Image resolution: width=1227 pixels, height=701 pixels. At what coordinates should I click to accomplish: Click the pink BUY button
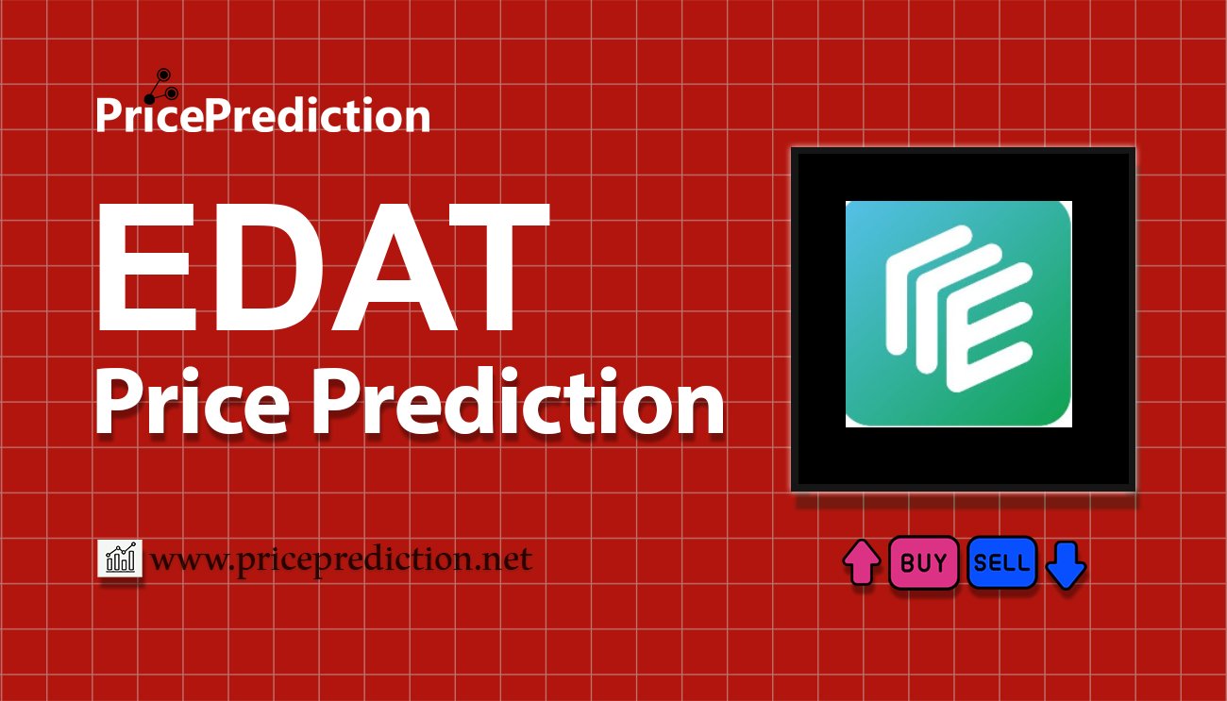click(x=923, y=562)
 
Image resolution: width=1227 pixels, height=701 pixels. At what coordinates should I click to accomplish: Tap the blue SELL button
click(x=1001, y=562)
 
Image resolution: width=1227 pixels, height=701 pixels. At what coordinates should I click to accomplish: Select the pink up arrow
click(x=862, y=562)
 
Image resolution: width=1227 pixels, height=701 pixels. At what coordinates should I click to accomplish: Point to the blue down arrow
click(x=1066, y=565)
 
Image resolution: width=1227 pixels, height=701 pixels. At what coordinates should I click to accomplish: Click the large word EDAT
click(x=323, y=267)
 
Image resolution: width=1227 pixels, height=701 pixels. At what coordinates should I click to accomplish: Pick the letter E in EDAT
click(x=144, y=267)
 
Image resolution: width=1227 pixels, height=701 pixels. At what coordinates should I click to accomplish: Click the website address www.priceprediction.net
click(x=341, y=560)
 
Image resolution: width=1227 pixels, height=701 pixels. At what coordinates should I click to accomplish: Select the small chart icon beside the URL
click(x=120, y=558)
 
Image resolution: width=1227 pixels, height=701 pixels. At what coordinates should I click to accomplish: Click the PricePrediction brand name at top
click(x=263, y=114)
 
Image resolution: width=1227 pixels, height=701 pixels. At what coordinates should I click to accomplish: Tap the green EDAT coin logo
click(x=959, y=314)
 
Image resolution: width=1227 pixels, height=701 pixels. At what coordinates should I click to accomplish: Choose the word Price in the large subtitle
click(x=192, y=404)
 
